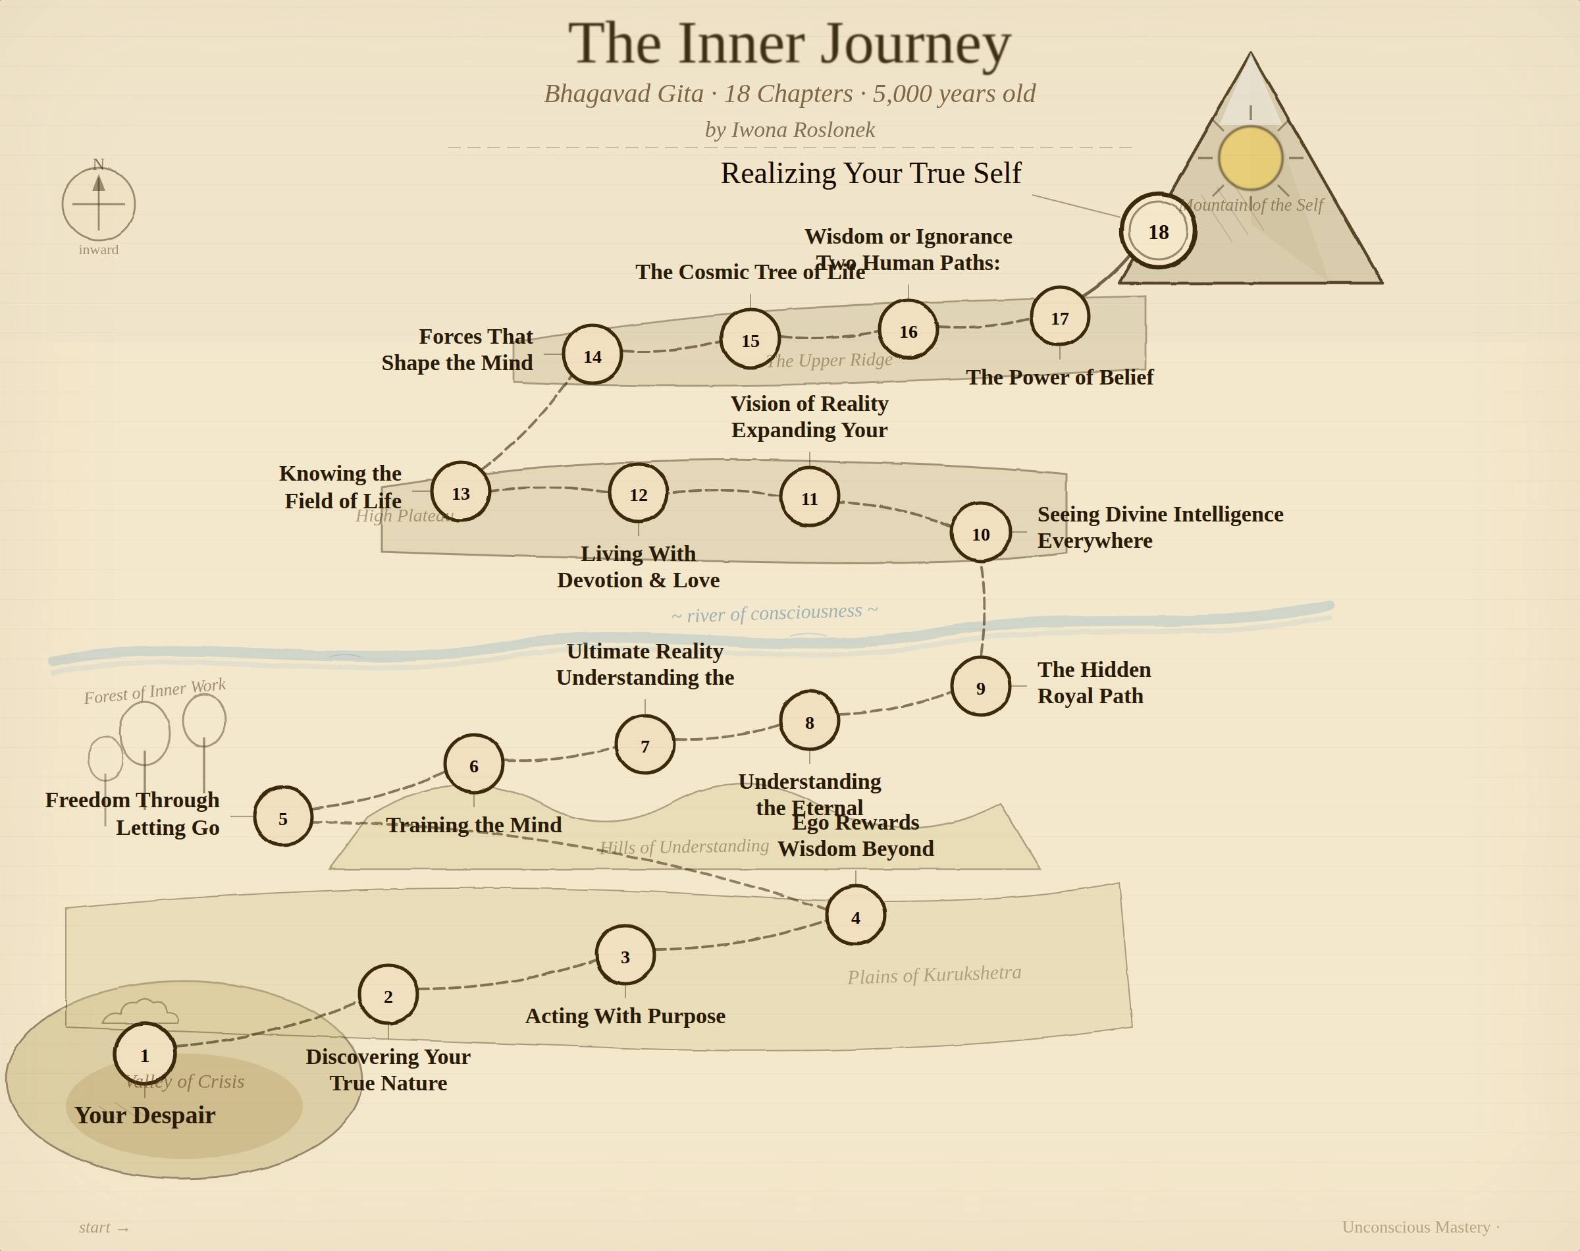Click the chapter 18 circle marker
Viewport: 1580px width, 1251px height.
(1157, 232)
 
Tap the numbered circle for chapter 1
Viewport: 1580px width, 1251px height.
(145, 1054)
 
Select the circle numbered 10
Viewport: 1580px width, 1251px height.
(980, 533)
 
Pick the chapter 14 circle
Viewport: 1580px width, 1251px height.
(592, 356)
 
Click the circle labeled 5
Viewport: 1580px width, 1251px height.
(282, 817)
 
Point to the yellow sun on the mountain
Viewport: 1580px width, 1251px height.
(1250, 157)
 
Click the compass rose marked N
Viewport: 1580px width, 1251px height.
(99, 203)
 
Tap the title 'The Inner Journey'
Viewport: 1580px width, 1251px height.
(789, 44)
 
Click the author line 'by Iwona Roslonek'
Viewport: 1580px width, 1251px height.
(789, 130)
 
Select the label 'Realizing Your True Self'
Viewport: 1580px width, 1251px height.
(870, 174)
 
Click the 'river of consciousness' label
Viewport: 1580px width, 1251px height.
(774, 613)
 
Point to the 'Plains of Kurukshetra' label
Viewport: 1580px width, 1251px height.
(934, 974)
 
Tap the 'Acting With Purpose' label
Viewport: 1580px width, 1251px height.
(625, 1016)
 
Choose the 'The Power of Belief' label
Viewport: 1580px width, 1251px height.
(1059, 377)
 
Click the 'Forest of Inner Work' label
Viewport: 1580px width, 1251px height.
(155, 690)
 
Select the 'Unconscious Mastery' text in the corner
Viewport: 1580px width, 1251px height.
(1415, 1227)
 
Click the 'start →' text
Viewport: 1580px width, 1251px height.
(104, 1227)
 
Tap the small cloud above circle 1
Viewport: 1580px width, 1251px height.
(141, 1011)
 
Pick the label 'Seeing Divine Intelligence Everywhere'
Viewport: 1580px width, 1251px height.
(1160, 527)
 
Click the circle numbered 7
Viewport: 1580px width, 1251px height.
(645, 745)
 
